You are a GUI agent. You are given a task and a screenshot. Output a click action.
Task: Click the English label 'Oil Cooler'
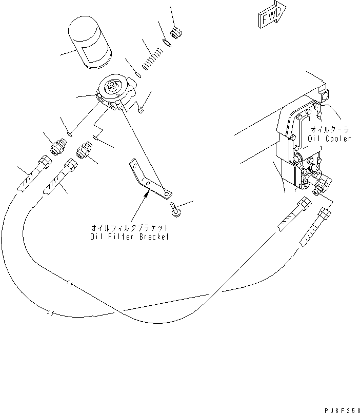pyautogui.click(x=329, y=139)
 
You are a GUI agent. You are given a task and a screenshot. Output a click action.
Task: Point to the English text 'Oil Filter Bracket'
pyautogui.click(x=129, y=237)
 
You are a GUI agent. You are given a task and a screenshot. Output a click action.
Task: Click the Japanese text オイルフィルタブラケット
pyautogui.click(x=129, y=227)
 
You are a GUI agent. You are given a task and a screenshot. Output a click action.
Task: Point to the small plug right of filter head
pyautogui.click(x=141, y=109)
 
